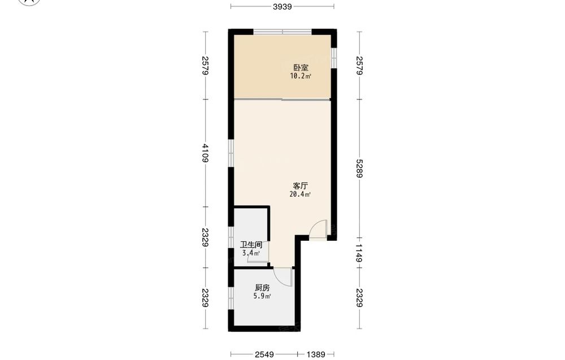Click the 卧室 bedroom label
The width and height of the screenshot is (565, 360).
tap(301, 67)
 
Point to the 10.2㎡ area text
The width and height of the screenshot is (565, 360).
tap(301, 76)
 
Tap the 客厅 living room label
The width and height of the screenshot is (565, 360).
tap(300, 186)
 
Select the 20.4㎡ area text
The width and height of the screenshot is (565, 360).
tap(300, 194)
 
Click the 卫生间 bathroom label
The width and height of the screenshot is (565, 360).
tap(251, 245)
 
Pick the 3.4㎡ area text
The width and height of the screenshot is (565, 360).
tap(251, 253)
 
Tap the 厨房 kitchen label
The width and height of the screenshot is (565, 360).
tap(262, 288)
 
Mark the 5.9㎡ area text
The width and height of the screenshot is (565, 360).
tap(262, 297)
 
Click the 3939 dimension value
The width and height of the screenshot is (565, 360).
tap(282, 6)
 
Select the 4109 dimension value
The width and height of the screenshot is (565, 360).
tap(205, 153)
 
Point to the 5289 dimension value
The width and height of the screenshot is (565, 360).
tap(359, 168)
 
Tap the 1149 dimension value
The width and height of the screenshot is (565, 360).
tap(359, 253)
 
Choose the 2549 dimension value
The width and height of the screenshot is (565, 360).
tap(264, 354)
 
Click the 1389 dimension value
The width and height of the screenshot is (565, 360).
tap(316, 354)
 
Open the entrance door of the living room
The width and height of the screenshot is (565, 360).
tap(319, 228)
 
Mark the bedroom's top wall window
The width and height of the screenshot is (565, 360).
tap(283, 32)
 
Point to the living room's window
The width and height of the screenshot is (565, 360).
tap(231, 153)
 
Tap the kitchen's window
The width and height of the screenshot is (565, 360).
tap(231, 297)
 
